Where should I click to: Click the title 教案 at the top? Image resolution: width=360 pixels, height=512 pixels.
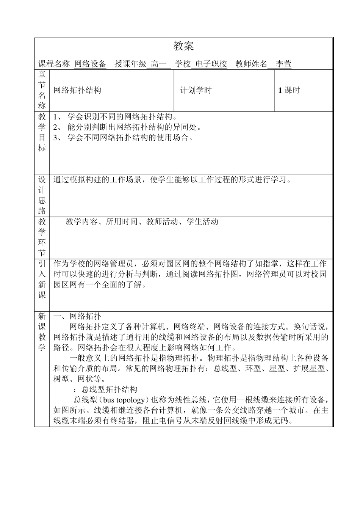[x=183, y=46]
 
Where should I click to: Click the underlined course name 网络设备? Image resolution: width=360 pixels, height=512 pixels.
[x=90, y=64]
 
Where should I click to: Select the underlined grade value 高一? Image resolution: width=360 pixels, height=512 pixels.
[x=158, y=64]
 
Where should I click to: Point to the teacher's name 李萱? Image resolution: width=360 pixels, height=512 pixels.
[x=283, y=64]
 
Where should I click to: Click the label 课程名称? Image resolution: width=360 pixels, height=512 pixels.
[x=54, y=64]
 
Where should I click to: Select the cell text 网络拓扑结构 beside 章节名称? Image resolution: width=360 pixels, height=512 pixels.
[x=77, y=90]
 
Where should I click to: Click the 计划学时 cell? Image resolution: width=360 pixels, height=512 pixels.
[x=196, y=90]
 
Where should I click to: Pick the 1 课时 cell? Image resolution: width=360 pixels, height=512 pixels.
[x=289, y=90]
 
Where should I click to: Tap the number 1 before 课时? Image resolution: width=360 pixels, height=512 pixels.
[x=280, y=90]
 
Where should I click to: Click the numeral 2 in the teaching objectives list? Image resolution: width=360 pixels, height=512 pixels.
[x=55, y=127]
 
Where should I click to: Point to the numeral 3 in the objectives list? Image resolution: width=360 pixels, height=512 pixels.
[x=55, y=137]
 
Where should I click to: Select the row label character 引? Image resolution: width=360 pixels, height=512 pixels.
[x=42, y=264]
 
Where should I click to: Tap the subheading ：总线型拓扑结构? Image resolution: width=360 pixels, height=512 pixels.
[x=105, y=389]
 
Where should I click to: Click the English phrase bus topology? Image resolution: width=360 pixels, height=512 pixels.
[x=124, y=400]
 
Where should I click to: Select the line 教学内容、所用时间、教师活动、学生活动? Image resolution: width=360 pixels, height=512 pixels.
[x=142, y=222]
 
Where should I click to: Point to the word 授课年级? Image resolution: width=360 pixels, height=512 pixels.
[x=130, y=64]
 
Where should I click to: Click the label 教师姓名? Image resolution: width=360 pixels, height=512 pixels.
[x=251, y=64]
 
